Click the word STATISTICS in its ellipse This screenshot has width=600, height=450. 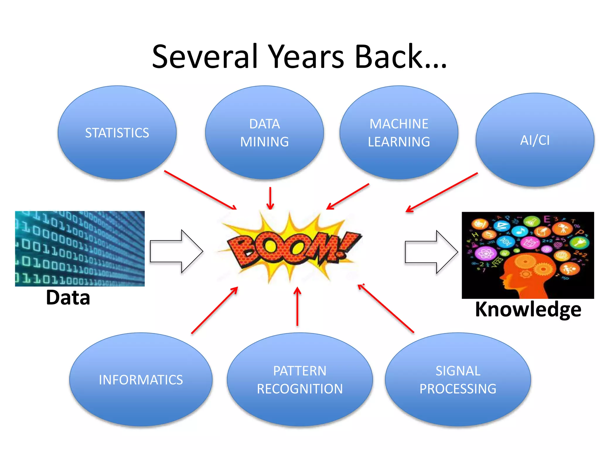coord(117,133)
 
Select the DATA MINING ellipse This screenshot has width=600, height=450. coord(264,133)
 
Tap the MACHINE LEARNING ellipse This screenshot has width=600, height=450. coord(399,133)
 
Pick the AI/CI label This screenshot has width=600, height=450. coord(535,140)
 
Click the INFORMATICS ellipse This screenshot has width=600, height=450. coord(141,380)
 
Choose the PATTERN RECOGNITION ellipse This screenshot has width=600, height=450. coord(299,380)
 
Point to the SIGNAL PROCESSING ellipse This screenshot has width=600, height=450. coord(458,380)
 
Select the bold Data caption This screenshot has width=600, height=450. coord(68,298)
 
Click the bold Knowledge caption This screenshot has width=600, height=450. coord(528,309)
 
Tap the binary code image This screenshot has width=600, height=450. coord(80,248)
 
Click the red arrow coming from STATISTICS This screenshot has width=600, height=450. coord(200,190)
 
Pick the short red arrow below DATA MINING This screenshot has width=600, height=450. coord(270,198)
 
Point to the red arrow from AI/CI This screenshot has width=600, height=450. coord(442,192)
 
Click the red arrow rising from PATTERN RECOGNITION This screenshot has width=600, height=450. coord(297,306)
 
